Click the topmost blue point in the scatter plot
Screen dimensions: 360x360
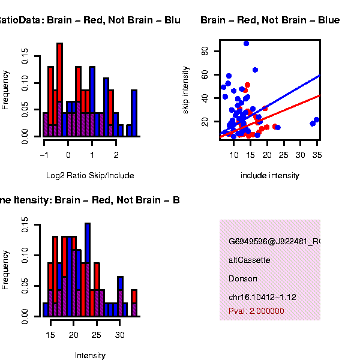click(x=246, y=43)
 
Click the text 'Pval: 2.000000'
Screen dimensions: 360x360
click(x=256, y=311)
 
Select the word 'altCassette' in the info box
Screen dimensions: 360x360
click(x=249, y=260)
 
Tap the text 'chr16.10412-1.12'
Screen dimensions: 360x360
click(x=262, y=297)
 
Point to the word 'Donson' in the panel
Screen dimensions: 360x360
click(x=243, y=278)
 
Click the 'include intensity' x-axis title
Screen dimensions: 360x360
click(x=269, y=176)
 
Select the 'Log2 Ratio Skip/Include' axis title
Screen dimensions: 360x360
click(x=90, y=176)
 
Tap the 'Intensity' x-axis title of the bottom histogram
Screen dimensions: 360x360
click(x=90, y=355)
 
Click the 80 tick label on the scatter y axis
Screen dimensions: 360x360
click(x=205, y=52)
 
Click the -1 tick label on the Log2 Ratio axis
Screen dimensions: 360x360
click(x=43, y=154)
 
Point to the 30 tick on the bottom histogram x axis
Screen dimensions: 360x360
click(x=119, y=334)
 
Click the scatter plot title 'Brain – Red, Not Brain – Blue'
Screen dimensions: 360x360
click(x=269, y=20)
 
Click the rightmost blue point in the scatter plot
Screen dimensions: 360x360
click(x=317, y=120)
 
